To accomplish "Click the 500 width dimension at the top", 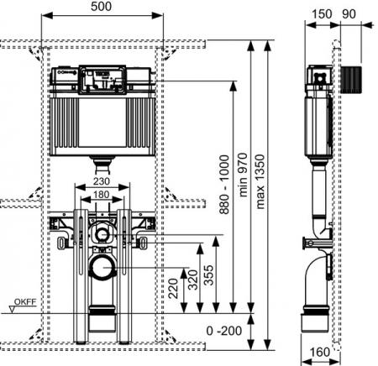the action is coord(101,7).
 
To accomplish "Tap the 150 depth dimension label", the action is coord(322,14).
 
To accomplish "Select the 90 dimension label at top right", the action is coord(349,14).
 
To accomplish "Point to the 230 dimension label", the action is coord(102,181).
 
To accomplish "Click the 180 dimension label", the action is coord(101,194).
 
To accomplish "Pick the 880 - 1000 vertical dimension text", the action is coord(224,185).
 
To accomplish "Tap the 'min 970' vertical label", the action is coord(243,175).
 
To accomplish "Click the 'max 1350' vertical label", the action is coord(260,181).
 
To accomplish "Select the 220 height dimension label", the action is coord(173,289).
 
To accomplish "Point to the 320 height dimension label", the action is coord(193,280).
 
